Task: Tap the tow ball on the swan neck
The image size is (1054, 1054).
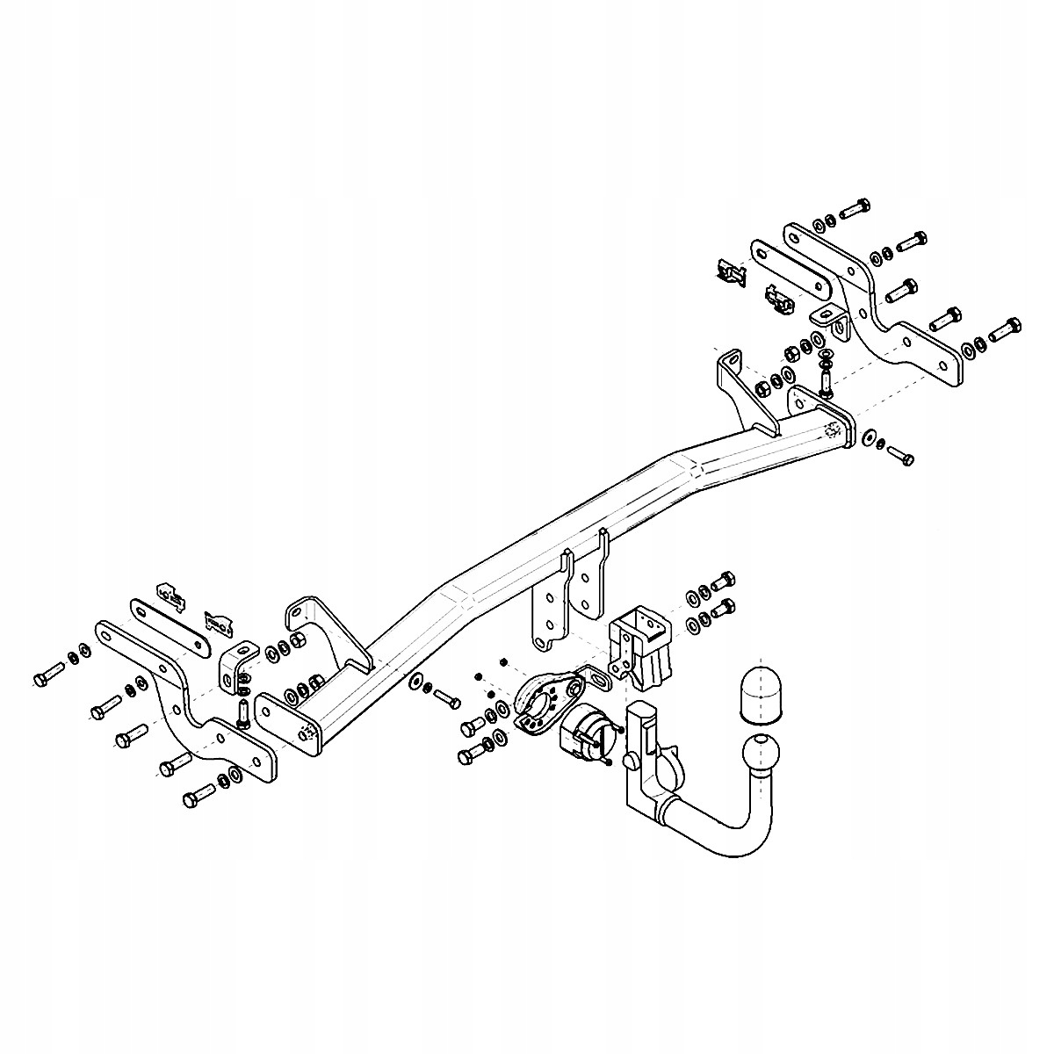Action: pyautogui.click(x=760, y=754)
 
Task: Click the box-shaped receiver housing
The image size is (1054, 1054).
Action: pyautogui.click(x=640, y=647)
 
